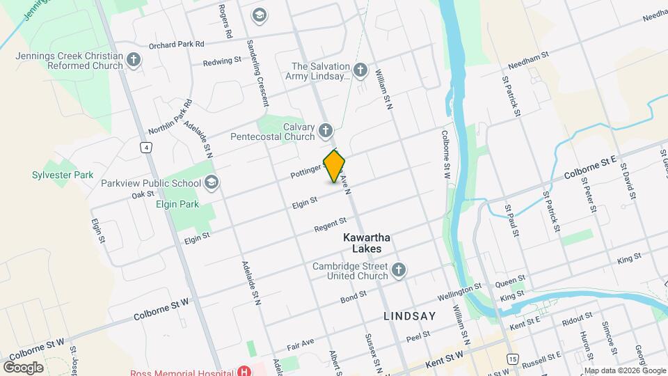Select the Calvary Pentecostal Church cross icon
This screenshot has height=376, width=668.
click(325, 130)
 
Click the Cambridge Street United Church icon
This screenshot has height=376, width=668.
click(399, 270)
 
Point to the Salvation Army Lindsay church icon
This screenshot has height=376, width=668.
click(360, 70)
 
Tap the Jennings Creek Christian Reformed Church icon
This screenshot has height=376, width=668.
click(134, 61)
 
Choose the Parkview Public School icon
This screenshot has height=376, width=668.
click(212, 183)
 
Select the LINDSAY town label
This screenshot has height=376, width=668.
click(410, 316)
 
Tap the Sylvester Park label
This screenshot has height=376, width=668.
click(63, 175)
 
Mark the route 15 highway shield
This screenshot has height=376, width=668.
click(512, 359)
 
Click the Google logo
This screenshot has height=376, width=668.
click(23, 367)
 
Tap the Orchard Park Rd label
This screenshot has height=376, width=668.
click(177, 44)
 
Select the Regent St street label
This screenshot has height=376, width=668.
click(330, 224)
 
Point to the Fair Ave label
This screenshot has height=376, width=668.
click(301, 345)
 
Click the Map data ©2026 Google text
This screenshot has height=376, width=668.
click(624, 370)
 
